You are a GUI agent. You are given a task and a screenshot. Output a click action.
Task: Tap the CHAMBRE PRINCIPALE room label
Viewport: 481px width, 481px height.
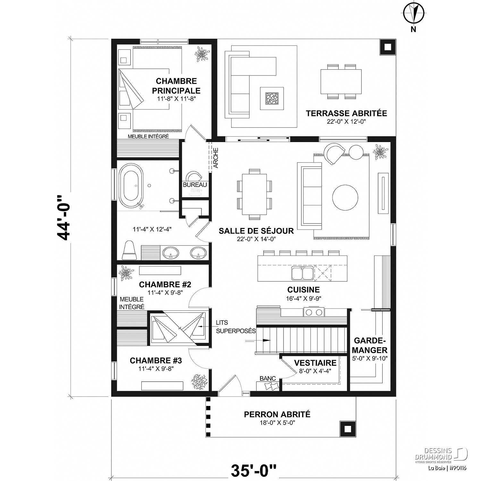click(176, 86)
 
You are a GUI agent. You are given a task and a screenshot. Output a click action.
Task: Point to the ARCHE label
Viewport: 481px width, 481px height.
click(216, 158)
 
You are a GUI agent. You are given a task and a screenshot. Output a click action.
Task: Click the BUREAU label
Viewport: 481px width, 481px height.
click(195, 185)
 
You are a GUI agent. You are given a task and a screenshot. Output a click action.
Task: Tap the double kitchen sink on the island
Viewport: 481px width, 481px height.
click(302, 273)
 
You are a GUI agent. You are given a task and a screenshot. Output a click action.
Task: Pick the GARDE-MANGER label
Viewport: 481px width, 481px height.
click(370, 345)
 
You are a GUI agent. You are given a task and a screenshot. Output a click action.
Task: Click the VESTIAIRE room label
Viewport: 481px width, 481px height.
click(315, 363)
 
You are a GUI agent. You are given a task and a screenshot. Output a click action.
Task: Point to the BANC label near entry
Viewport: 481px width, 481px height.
click(268, 378)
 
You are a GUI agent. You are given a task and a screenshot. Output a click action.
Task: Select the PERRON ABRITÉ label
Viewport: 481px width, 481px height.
click(277, 414)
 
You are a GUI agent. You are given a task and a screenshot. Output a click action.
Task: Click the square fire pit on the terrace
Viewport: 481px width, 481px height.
click(272, 98)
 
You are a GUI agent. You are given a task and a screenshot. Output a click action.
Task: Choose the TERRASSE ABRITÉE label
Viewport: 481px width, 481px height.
click(346, 113)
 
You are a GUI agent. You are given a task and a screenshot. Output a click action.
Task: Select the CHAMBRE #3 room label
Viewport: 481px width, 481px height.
click(156, 361)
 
